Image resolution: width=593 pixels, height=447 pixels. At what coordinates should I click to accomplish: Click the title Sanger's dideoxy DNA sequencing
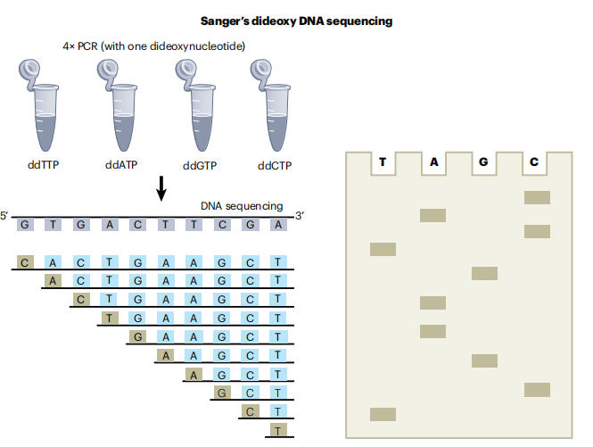point(295,20)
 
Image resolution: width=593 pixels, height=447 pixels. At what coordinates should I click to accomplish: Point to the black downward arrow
point(161,188)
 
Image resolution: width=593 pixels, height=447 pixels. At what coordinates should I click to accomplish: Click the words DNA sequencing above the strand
point(242,206)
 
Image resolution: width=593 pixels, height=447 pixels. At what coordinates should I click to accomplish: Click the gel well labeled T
point(383,163)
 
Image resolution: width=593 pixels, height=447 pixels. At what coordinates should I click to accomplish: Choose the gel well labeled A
point(433,163)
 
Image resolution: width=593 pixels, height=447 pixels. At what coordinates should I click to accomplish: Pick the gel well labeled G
point(484,163)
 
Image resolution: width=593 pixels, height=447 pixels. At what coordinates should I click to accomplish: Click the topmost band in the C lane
point(537,197)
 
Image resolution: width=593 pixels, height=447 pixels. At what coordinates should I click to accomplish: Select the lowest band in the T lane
point(383,413)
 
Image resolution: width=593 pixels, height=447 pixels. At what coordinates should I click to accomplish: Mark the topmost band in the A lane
point(433,215)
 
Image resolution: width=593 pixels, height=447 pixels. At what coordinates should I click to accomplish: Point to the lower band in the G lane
point(484,360)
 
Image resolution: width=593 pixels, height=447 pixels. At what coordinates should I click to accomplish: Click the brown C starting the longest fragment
point(25,262)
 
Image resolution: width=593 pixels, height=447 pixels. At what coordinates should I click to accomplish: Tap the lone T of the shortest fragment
point(278,431)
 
